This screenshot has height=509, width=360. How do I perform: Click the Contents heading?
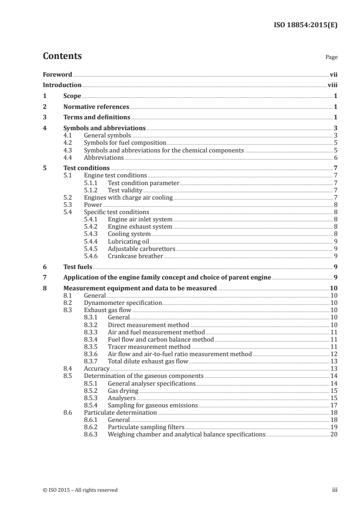click(x=62, y=56)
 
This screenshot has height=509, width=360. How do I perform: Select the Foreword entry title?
click(x=57, y=74)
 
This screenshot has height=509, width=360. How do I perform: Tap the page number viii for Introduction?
click(x=333, y=85)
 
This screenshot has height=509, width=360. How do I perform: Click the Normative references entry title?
click(x=96, y=107)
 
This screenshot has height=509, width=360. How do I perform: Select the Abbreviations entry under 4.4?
click(x=104, y=157)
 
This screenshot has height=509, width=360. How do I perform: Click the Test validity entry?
click(x=125, y=190)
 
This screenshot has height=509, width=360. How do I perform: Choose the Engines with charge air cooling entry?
click(x=128, y=197)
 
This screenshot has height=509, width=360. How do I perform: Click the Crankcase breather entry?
click(x=135, y=256)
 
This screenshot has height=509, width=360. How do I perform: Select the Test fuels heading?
click(x=78, y=267)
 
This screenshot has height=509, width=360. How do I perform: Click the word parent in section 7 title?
click(x=246, y=278)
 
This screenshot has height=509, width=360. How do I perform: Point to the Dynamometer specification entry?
click(x=123, y=303)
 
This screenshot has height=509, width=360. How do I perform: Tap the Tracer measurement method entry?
click(x=143, y=347)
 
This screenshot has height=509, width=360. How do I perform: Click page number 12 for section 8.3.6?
click(x=334, y=354)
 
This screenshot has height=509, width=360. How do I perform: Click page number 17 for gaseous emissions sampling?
click(x=334, y=405)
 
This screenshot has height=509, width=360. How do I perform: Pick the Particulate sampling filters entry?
click(x=145, y=427)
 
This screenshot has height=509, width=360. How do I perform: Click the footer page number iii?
click(x=334, y=490)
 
